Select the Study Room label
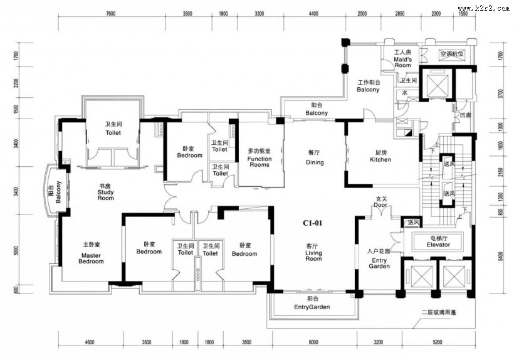coord(106,192)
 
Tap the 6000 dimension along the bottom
coord(313,342)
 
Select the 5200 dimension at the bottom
coord(437,342)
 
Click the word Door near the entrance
coord(380,205)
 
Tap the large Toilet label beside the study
coord(113,129)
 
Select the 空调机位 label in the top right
coord(451,54)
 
